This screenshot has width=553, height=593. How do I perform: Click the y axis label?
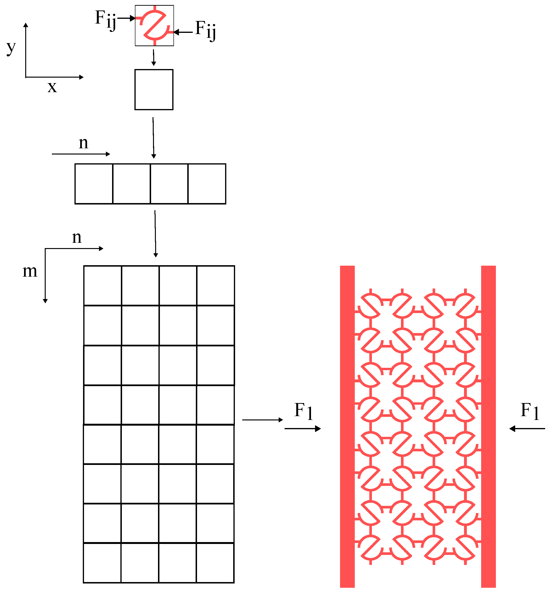[x=11, y=48]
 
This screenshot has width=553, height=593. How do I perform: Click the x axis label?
[x=52, y=87]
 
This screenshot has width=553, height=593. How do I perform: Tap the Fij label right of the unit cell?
[x=205, y=30]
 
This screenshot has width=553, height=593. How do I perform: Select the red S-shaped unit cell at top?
[x=154, y=26]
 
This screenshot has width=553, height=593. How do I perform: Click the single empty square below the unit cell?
[x=154, y=90]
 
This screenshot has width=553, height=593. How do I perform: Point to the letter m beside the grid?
[x=30, y=271]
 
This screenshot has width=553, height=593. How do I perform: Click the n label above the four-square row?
[x=84, y=143]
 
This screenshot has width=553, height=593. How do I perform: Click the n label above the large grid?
[x=77, y=237]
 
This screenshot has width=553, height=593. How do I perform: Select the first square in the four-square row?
[x=94, y=184]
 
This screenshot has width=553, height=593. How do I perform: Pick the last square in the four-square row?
[x=207, y=184]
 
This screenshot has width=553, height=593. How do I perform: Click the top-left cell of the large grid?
[x=103, y=285]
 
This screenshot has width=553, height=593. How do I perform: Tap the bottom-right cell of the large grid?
[x=215, y=563]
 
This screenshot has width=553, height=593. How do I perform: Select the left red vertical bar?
[x=347, y=427]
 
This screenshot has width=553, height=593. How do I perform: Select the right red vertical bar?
[x=488, y=427]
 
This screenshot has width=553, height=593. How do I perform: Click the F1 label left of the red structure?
[x=303, y=411]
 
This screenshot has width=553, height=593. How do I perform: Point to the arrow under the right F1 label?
[x=527, y=429]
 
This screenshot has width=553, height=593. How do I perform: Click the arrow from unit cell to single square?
[x=153, y=58]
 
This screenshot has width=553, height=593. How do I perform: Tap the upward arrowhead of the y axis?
[x=26, y=25]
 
